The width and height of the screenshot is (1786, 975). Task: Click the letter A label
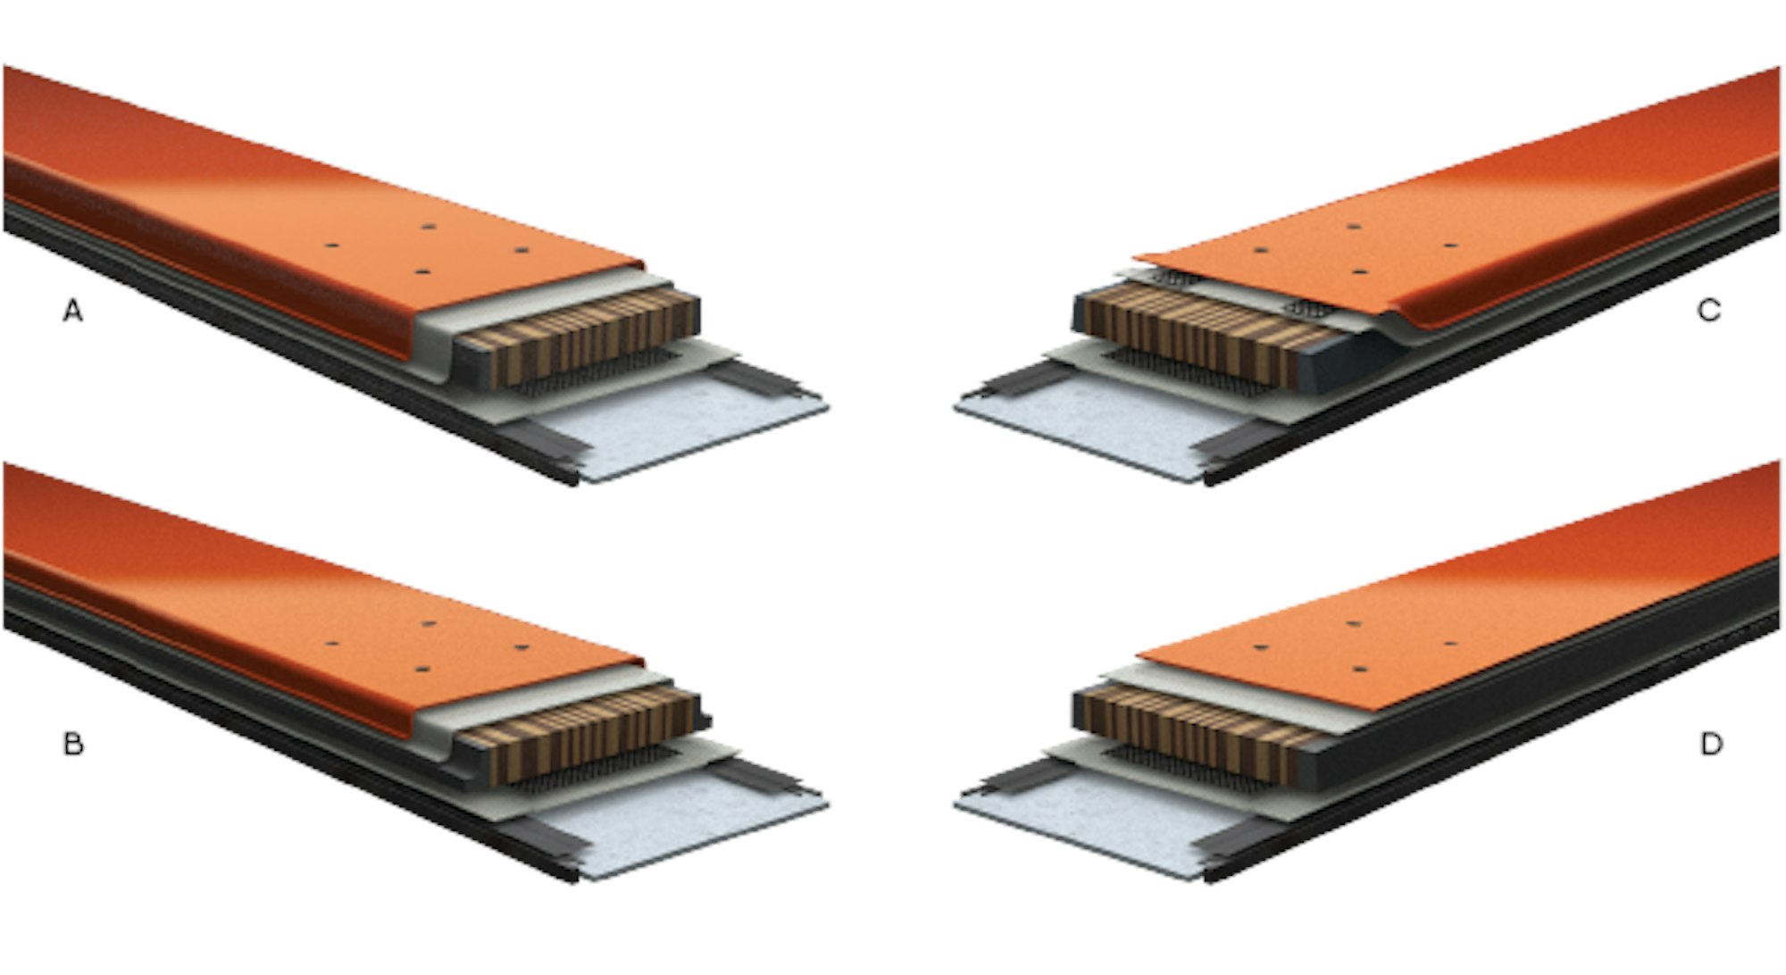pos(72,311)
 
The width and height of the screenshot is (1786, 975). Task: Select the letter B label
pos(73,744)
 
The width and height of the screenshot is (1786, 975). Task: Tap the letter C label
pos(1709,311)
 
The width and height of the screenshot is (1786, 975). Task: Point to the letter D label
pos(1711,744)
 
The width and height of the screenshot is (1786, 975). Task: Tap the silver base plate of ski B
pos(688,826)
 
